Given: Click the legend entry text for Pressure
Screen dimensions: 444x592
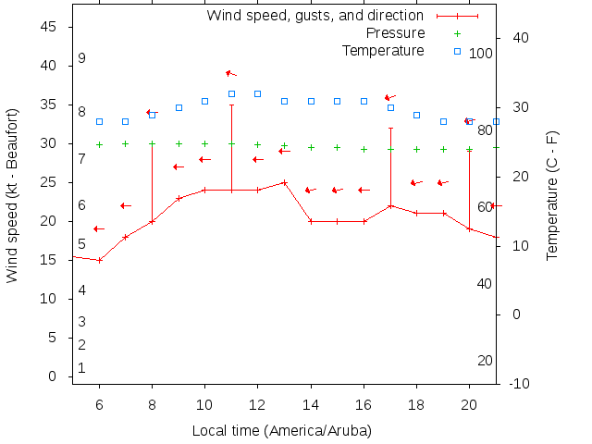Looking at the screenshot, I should tap(395, 33).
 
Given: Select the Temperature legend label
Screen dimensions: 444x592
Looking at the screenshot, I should tap(383, 50).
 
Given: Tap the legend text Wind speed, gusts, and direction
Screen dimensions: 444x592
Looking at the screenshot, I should tap(314, 16).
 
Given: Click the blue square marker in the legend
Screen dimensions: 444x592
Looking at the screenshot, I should tap(457, 51).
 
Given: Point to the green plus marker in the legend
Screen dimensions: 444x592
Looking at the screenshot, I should tap(457, 33).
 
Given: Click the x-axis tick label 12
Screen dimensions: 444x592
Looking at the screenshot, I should tap(257, 403).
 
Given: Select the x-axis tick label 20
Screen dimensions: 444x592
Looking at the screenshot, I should tap(469, 403).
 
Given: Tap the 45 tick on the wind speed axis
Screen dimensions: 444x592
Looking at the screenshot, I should tap(50, 28).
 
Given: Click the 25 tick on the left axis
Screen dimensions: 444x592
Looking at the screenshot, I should tap(50, 183).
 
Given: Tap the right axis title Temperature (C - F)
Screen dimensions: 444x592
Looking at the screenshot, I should tap(552, 194).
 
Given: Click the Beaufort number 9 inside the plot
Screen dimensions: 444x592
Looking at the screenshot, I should tap(81, 58).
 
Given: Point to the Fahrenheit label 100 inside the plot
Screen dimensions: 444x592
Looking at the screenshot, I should tap(480, 54).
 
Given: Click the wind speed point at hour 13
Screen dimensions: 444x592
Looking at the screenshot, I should tap(284, 182).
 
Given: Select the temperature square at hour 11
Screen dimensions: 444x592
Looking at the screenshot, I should tap(231, 93).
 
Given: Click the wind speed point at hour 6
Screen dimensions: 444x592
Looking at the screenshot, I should tap(99, 260).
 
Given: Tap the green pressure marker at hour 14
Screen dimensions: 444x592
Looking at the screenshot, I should tap(311, 147).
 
